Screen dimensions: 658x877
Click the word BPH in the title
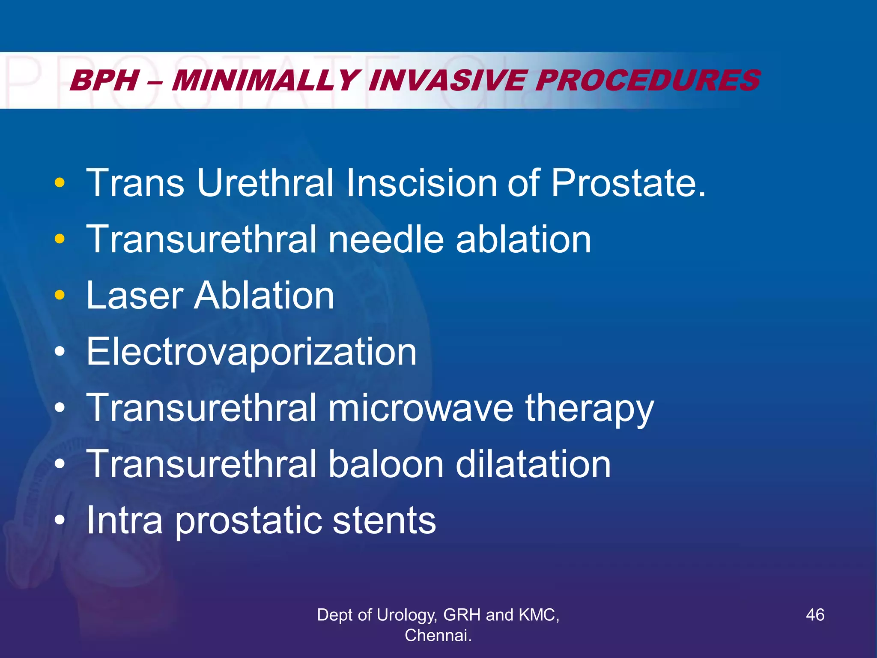pos(105,81)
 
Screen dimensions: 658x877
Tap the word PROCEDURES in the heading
pos(647,81)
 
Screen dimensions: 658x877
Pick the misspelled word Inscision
pos(422,183)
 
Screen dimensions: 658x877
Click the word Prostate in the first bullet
pos(627,183)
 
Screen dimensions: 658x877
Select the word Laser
pos(134,296)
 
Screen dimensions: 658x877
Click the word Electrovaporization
pos(251,352)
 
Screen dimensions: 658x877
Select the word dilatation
pos(533,464)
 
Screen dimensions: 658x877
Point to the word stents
pos(384,520)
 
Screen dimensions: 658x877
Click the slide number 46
pos(815,615)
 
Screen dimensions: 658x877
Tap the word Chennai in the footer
pos(437,635)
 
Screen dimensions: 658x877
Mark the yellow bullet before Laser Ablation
pos(60,296)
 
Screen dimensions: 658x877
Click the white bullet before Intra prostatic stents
pos(60,520)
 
